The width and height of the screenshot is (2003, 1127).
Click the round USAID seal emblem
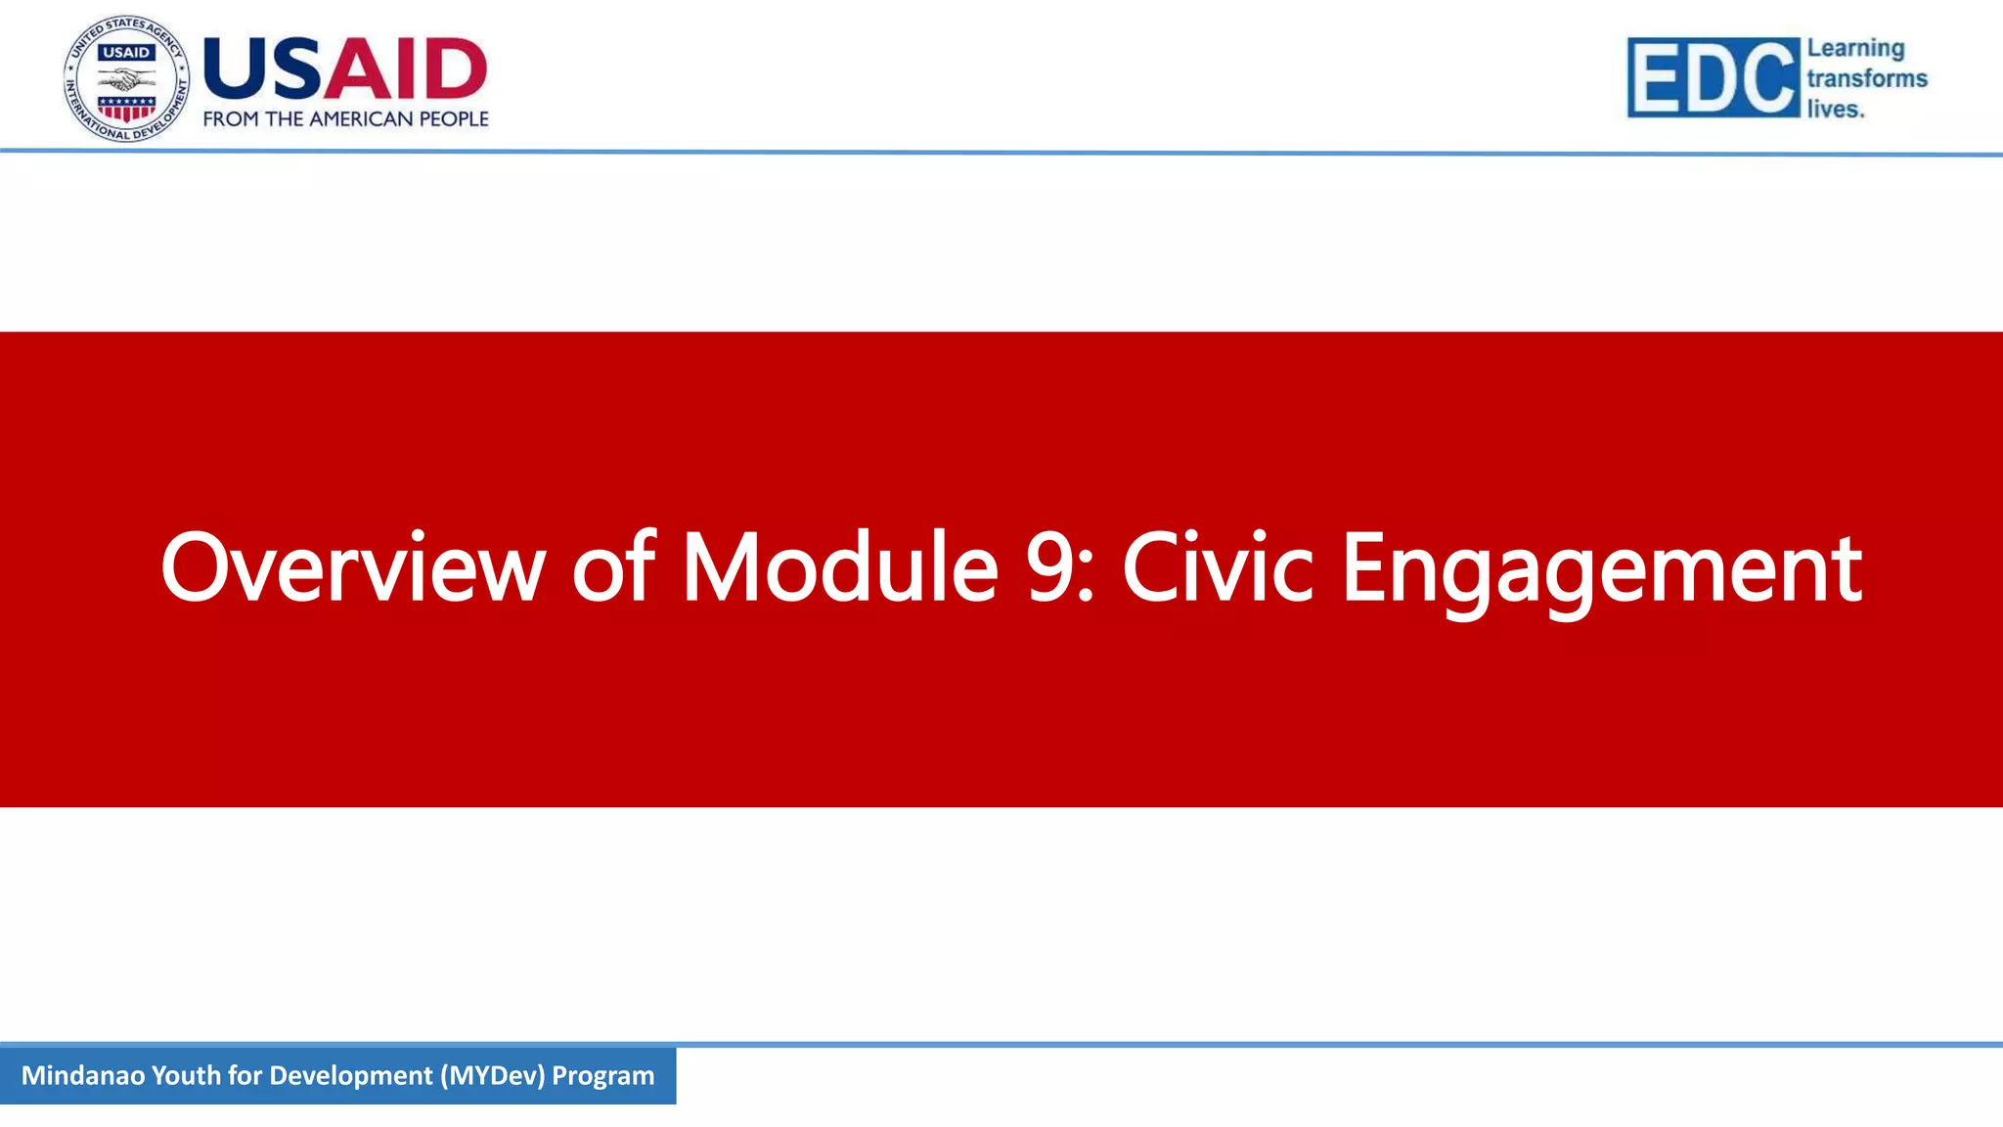(x=127, y=79)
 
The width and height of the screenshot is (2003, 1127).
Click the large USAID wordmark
(x=344, y=69)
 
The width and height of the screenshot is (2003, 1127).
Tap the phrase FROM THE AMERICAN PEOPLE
(x=345, y=119)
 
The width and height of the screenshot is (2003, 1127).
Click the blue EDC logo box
(x=1713, y=77)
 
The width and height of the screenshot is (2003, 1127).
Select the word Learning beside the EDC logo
(x=1855, y=48)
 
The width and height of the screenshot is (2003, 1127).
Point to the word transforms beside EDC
(x=1866, y=78)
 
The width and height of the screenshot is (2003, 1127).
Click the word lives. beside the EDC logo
(x=1835, y=109)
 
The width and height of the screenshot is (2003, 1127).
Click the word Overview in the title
(x=352, y=567)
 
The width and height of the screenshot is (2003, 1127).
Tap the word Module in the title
(x=839, y=567)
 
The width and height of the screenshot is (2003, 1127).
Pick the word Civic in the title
(x=1217, y=567)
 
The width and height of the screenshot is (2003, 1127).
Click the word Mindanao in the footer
(x=83, y=1075)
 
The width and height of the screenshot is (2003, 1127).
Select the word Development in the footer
(x=350, y=1075)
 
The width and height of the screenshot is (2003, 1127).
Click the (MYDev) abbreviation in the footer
(x=492, y=1075)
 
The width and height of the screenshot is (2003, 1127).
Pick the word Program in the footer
(x=602, y=1075)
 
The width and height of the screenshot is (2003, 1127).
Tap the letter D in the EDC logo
(x=1714, y=78)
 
